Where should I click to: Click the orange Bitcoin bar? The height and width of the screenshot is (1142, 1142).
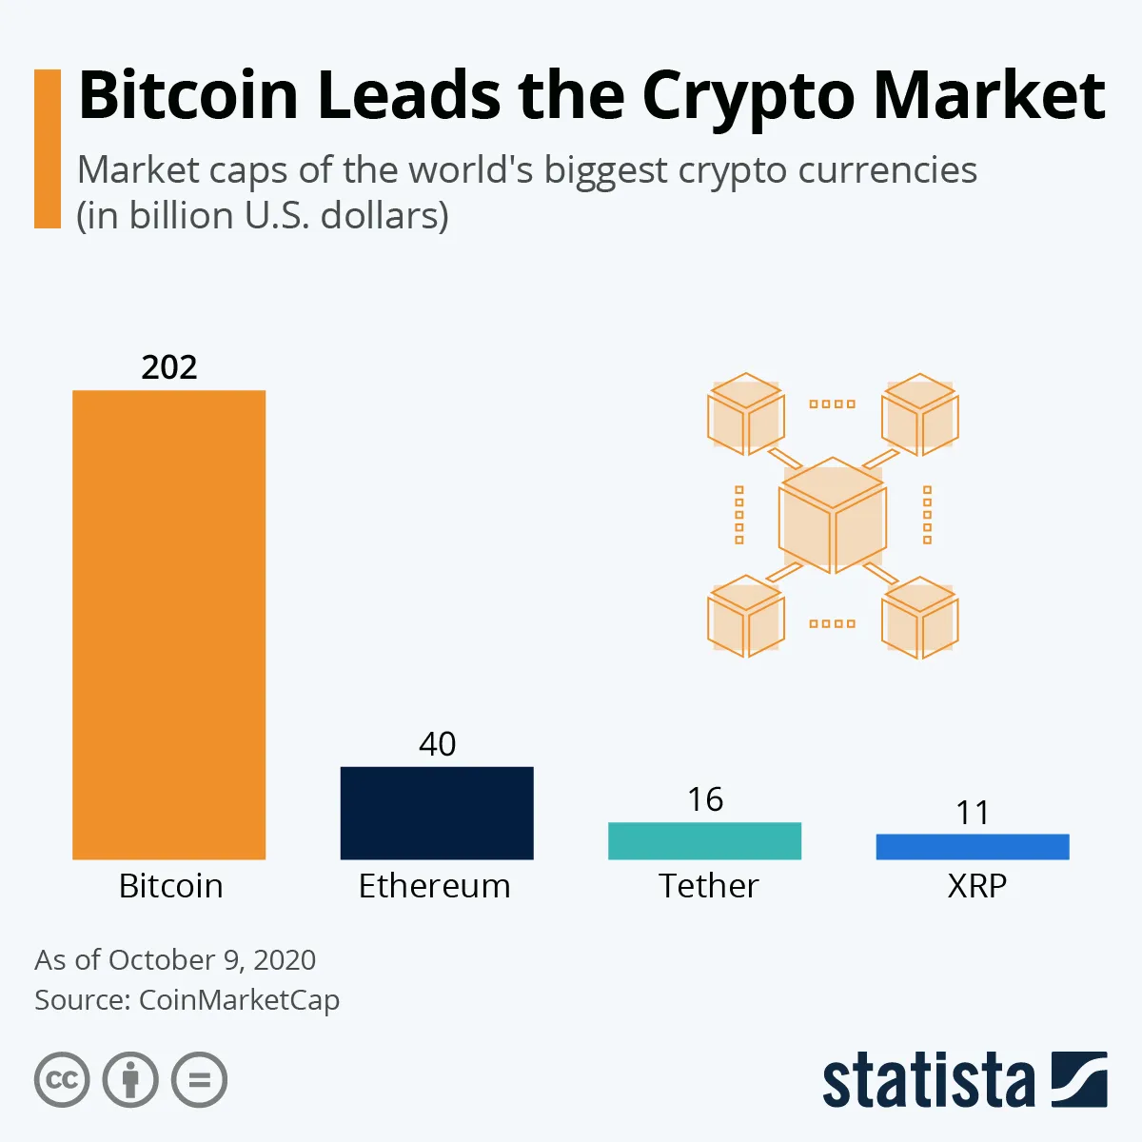click(168, 624)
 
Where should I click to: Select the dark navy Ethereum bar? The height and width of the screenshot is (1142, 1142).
click(437, 813)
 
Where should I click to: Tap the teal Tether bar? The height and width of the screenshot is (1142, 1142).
click(704, 840)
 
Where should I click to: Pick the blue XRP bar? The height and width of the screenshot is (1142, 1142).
click(972, 846)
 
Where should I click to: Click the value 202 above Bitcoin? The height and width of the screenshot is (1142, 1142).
click(169, 367)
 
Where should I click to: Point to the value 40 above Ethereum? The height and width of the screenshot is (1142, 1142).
click(437, 743)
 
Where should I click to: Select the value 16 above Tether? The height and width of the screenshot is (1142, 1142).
click(705, 799)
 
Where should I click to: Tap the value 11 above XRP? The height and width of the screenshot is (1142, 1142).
click(973, 813)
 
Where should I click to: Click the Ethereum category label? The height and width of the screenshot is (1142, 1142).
click(434, 886)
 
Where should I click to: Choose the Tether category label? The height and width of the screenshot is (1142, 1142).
click(708, 886)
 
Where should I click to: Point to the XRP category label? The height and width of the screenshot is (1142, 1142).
click(976, 886)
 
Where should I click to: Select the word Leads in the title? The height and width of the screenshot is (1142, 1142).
click(408, 95)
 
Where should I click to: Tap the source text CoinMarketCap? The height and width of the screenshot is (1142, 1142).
click(239, 1000)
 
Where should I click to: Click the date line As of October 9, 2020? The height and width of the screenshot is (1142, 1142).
click(175, 959)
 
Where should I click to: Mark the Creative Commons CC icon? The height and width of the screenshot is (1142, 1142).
click(62, 1080)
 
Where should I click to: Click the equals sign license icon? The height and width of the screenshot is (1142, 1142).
click(199, 1080)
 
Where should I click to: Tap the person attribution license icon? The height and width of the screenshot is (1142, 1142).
click(130, 1080)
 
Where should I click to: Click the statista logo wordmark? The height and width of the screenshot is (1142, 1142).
click(928, 1082)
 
